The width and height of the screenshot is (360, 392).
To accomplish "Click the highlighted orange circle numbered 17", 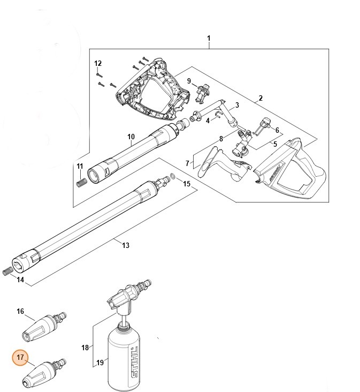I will tap(20, 358).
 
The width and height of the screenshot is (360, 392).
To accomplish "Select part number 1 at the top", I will tap(209, 39).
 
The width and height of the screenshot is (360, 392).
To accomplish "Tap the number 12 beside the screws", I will tap(98, 64).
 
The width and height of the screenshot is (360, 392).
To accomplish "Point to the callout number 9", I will tap(189, 80).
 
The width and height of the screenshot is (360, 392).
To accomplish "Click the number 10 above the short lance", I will tap(131, 137).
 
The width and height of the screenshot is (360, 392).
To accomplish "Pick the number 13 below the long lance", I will tap(126, 245).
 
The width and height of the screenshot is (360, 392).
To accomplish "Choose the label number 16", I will tap(20, 311).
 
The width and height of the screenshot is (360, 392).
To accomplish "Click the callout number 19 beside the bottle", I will tap(99, 363).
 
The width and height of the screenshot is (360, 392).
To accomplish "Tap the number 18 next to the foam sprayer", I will tap(85, 348).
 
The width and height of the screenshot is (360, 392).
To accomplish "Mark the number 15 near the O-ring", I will tap(186, 184).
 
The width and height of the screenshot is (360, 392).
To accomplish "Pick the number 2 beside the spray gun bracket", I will tap(260, 99).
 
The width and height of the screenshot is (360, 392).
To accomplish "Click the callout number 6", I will tap(277, 130).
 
